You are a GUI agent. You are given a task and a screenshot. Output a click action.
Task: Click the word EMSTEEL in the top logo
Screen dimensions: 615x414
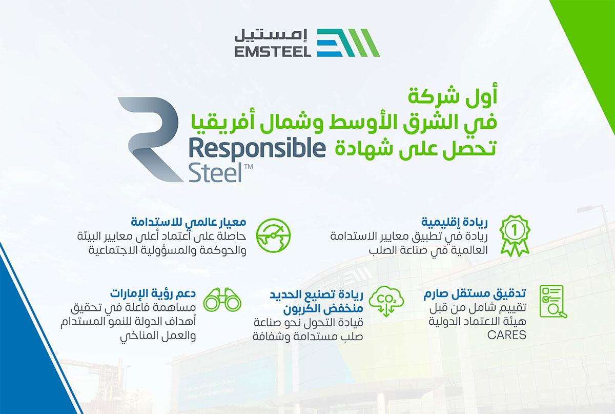(273, 52)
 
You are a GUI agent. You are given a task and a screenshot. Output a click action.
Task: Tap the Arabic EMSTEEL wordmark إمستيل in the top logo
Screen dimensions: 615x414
(271, 35)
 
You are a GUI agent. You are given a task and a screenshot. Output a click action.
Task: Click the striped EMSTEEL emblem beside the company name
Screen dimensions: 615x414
(348, 43)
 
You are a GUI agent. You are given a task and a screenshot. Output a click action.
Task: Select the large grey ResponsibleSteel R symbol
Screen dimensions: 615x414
(151, 140)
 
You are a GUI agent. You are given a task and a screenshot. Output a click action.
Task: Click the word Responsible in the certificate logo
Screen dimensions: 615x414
(257, 148)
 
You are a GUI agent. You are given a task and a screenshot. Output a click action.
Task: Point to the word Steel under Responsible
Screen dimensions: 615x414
(215, 173)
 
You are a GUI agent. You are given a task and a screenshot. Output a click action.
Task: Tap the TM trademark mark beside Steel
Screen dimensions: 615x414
(248, 167)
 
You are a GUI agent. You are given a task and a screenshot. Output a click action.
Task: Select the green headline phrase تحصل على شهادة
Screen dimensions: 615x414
(416, 149)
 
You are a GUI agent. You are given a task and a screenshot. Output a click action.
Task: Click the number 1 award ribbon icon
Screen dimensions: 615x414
(515, 235)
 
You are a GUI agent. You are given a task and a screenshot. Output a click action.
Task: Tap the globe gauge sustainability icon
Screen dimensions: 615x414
(273, 235)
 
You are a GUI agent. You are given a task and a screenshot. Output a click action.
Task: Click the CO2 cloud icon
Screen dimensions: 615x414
(386, 301)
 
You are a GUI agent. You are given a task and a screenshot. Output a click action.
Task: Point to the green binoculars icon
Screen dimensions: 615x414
(222, 300)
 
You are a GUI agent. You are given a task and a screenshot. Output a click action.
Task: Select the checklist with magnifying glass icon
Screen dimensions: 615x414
(553, 302)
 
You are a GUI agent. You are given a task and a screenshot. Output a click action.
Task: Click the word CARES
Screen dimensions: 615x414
(506, 335)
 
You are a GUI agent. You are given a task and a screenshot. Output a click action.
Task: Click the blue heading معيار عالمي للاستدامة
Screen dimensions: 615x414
(189, 222)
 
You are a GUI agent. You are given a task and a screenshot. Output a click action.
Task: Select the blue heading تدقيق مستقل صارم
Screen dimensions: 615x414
(475, 293)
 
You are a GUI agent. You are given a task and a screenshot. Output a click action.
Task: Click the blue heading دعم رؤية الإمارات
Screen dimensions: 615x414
(153, 293)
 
